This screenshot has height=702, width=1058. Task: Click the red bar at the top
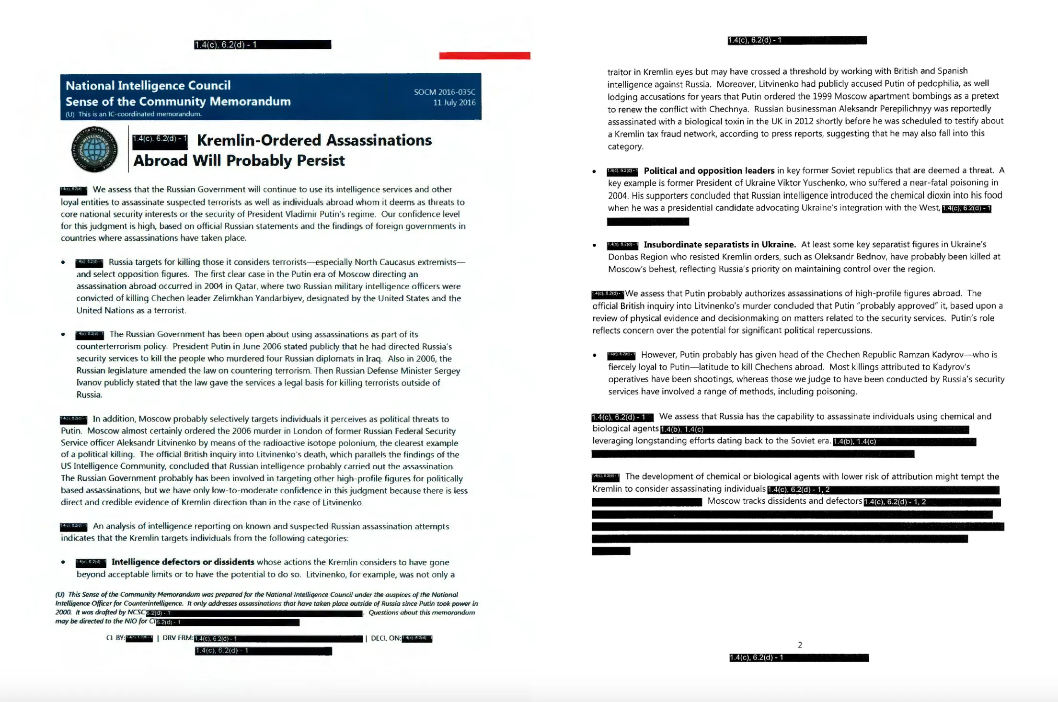pos(484,56)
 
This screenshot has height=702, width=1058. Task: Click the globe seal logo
pos(94,149)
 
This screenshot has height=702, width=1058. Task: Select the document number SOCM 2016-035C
pos(445,92)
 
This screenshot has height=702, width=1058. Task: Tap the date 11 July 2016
pos(454,102)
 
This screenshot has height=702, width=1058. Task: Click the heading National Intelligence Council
pos(148,86)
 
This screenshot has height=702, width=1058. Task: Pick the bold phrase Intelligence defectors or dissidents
pos(183,562)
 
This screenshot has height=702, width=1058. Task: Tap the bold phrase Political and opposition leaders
pos(709,170)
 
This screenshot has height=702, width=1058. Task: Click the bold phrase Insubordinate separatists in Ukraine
pos(720,245)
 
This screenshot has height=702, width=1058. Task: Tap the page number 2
pos(800,645)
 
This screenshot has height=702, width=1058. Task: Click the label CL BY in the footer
pos(115,638)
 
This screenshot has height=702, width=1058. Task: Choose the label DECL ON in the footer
pos(385,638)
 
